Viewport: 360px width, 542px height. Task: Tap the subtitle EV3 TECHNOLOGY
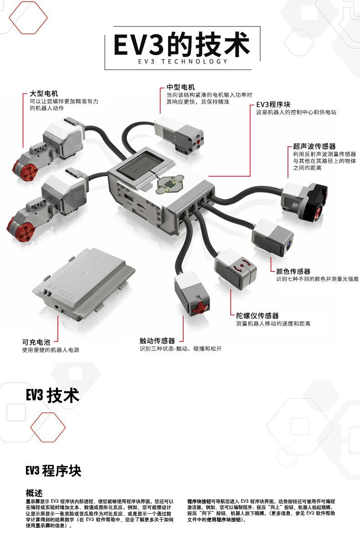[x=182, y=61]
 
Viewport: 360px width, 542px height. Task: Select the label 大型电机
[x=44, y=93]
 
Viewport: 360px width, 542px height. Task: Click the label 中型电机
[x=180, y=87]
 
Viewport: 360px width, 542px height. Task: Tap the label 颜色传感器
[x=293, y=271]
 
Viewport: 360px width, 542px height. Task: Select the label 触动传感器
[x=157, y=341]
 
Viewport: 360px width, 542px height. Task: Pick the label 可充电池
[x=36, y=342]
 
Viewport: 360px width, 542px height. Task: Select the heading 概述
[x=34, y=493]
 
